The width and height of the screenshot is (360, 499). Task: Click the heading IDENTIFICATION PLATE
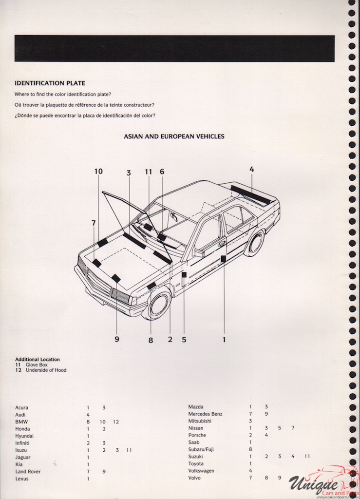[x=50, y=83]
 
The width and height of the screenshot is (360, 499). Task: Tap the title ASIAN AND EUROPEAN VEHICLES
[x=174, y=136]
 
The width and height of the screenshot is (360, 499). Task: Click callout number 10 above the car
[x=98, y=171]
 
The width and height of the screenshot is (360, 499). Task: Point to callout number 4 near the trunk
[x=251, y=169]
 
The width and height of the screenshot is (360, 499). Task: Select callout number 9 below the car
[x=117, y=339]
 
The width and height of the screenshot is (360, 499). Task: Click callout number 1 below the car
[x=224, y=340]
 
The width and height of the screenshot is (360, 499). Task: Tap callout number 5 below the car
[x=184, y=340]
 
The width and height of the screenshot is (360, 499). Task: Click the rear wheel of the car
[x=254, y=243]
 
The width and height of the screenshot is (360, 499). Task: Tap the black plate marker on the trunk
[x=251, y=195]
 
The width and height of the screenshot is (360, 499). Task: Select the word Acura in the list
[x=22, y=407]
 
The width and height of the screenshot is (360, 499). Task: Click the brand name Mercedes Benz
[x=205, y=414]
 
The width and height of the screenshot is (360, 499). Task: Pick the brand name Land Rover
[x=28, y=472]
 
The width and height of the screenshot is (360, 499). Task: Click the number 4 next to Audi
[x=88, y=415]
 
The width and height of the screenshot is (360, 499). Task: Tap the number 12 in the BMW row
[x=115, y=422]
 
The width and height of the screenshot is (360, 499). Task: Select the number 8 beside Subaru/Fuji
[x=250, y=449]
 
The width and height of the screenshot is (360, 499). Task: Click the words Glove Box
[x=37, y=365]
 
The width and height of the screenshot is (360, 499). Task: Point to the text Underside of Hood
[x=46, y=370]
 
